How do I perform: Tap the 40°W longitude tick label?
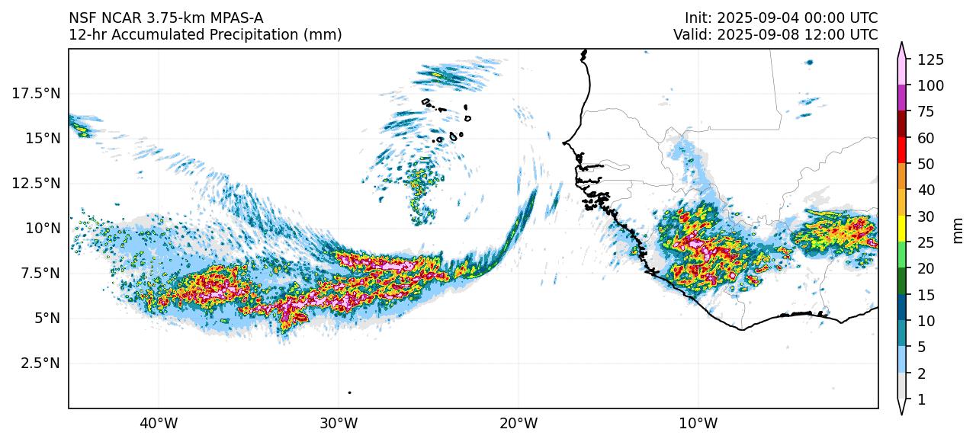click(159, 422)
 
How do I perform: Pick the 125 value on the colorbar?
click(931, 59)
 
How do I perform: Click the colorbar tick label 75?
click(925, 112)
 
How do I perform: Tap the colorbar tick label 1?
click(921, 399)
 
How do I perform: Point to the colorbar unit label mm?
click(958, 229)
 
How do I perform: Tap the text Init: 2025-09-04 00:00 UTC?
click(781, 18)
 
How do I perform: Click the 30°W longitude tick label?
click(339, 422)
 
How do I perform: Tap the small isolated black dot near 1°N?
click(349, 392)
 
